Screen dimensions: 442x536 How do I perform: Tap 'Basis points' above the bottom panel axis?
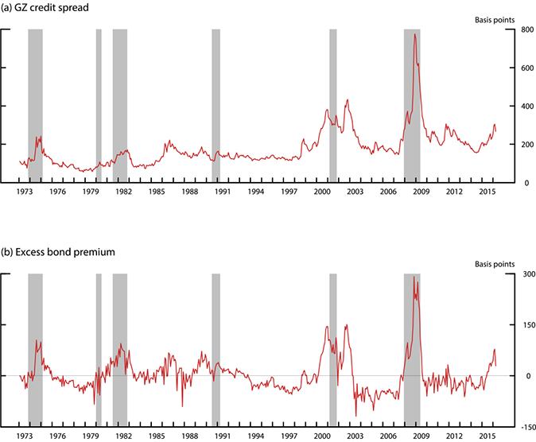tap(495, 263)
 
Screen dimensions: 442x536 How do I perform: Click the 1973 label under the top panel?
tap(25, 192)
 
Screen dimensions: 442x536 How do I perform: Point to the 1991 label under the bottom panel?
tap(223, 436)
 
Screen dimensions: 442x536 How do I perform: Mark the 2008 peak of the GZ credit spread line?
tap(414, 35)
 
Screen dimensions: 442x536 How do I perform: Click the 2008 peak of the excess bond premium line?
tap(414, 277)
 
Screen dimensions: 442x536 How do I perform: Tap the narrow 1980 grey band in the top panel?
tap(99, 103)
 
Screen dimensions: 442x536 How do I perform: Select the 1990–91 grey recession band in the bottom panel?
tap(216, 350)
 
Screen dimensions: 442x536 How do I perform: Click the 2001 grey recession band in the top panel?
tap(333, 103)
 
